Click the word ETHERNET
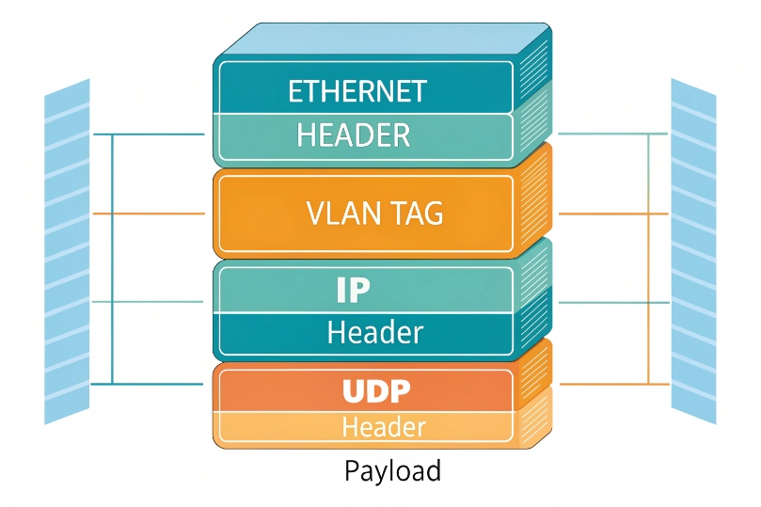coord(357,91)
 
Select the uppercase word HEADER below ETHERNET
coord(353,136)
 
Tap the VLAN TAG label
coord(374,214)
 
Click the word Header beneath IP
coord(374,333)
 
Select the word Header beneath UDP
coord(383,427)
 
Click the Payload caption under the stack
coord(392,470)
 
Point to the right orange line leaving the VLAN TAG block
coord(611,214)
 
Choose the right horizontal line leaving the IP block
coord(611,302)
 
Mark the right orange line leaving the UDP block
coord(611,384)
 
